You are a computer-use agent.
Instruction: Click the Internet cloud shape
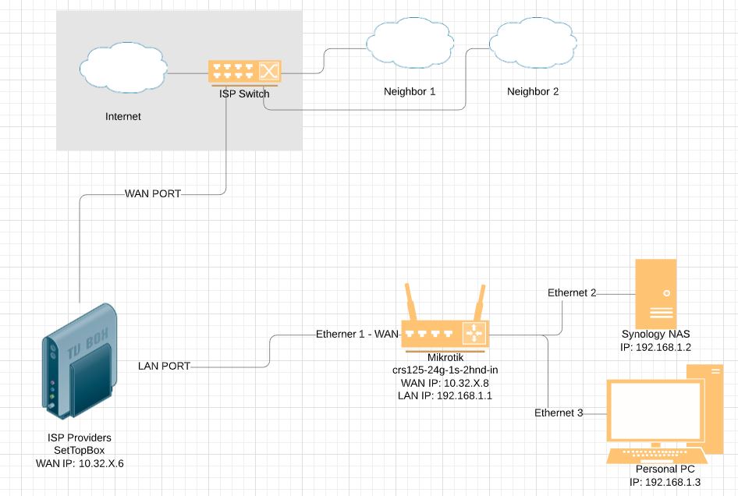coord(122,69)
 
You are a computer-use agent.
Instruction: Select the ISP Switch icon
coord(245,73)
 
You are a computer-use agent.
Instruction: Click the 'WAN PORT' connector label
coord(153,193)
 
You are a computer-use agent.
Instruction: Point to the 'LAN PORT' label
coord(164,365)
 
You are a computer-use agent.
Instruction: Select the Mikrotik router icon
coord(444,333)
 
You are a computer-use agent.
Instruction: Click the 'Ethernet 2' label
coord(572,293)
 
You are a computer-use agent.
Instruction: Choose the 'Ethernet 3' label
coord(559,412)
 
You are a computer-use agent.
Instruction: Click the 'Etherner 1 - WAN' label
coord(357,334)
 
